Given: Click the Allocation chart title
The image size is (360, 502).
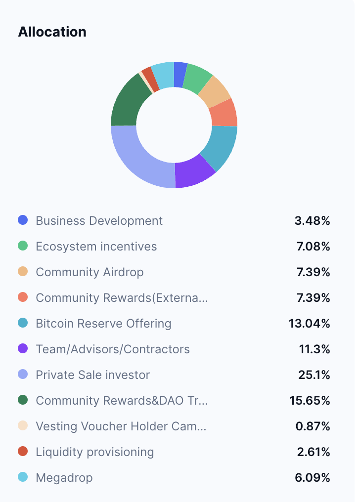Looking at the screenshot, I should (52, 32).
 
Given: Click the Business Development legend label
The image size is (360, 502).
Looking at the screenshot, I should (99, 221).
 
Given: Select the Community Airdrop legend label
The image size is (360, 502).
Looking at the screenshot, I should (90, 272).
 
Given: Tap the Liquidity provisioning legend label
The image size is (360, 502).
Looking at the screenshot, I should (95, 452).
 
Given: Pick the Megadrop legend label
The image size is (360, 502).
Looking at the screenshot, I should (64, 478).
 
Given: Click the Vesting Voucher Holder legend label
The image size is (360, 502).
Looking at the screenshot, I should (121, 426).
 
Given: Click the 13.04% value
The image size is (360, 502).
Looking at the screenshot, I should (310, 324).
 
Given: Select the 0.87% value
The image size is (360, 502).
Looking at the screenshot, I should (313, 426).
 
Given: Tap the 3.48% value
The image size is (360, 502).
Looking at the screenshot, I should (312, 221).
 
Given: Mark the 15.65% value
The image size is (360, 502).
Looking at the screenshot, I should (310, 401).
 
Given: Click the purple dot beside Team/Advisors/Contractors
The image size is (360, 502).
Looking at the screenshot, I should (23, 349).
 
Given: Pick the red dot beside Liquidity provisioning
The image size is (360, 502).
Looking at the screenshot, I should (23, 452).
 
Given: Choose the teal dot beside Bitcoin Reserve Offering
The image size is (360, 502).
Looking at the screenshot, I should (23, 323).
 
